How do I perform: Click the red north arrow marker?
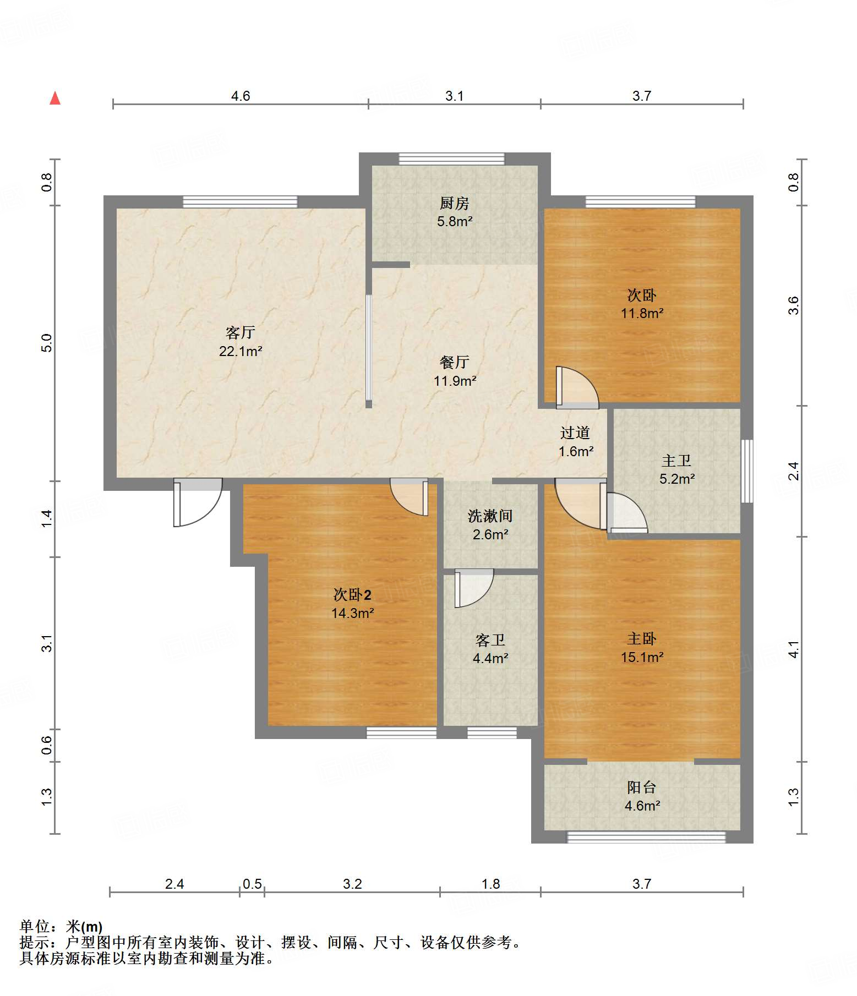point(55,98)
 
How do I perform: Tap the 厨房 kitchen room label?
point(455,204)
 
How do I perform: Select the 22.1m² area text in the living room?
point(241,351)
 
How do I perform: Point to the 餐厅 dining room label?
point(455,362)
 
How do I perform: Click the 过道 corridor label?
point(575,433)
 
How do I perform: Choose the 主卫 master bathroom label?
point(676,461)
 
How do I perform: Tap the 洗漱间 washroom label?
point(490,516)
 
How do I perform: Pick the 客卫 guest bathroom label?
point(490,640)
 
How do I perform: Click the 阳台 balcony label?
point(642,787)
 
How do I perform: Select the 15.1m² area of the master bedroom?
point(642,657)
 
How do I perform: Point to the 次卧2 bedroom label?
point(353,595)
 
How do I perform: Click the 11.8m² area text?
point(642,313)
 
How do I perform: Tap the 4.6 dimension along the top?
point(241,96)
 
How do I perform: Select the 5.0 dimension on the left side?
point(47,343)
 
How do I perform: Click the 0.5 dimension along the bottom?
point(252,884)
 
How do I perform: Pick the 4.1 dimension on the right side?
point(793,649)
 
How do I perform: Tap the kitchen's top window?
point(451,158)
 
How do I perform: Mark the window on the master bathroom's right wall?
point(747,471)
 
